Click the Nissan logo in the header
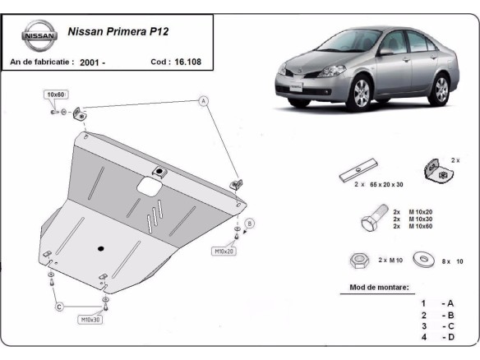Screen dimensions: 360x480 [x=39, y=37]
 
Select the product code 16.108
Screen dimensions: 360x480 [x=189, y=62]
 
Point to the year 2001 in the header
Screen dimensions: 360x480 [x=90, y=62]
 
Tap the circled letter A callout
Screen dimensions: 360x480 [x=202, y=101]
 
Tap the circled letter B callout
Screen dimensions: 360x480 [x=250, y=223]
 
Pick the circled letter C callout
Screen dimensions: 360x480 [x=59, y=307]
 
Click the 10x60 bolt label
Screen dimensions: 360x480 [x=56, y=95]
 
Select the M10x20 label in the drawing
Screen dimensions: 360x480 [x=224, y=251]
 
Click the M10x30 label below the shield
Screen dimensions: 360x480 [x=90, y=318]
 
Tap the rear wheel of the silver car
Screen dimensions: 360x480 [x=441, y=88]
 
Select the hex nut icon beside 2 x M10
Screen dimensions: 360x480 [x=358, y=261]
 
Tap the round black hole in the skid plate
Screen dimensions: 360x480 [x=100, y=249]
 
